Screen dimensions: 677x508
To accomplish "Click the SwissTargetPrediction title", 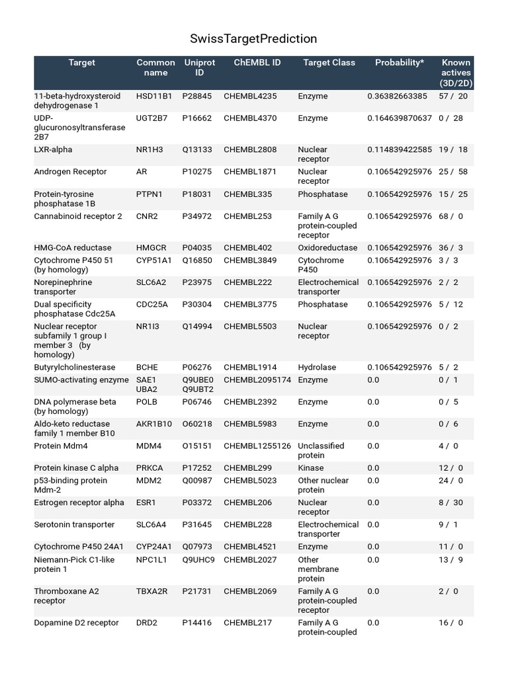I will pos(254,39).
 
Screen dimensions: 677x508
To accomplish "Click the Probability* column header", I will pos(400,63).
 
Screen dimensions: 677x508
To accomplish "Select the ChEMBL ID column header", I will pos(257,63).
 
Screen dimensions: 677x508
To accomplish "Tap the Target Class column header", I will pos(329,63).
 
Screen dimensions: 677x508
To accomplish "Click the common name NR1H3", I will pos(149,150).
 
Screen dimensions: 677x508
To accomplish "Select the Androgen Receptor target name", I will pos(70,172).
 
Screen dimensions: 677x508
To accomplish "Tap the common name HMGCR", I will pos(151,248).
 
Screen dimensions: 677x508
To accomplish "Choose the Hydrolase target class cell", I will pos(317,368).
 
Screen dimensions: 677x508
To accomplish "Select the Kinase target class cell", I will pos(311,468).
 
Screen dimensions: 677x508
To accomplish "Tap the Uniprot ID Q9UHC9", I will pos(198,560).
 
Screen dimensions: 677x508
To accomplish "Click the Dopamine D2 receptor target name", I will pos(76,623).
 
